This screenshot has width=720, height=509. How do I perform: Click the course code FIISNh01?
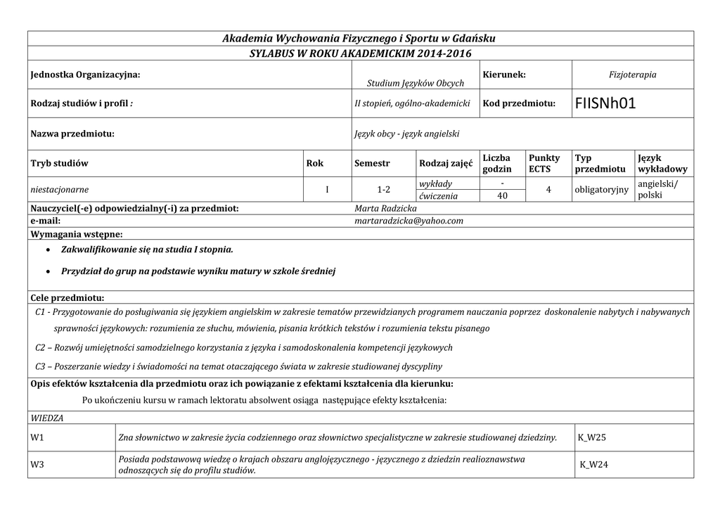pos(605,103)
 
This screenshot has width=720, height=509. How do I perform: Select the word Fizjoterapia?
pos(632,75)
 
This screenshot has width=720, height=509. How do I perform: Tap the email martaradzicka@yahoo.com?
pos(409,221)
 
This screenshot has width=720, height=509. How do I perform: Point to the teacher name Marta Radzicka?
pos(386,209)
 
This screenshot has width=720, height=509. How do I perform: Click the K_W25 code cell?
pos(592,437)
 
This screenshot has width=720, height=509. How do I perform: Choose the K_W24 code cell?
pos(594,464)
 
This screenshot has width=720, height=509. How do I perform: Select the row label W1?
pos(37,437)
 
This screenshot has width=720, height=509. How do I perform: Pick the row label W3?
pos(37,464)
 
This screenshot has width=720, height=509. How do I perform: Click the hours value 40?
pos(502,196)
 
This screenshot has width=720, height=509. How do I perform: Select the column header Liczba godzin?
pos(497,163)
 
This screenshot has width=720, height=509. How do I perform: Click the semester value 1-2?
pos(384,190)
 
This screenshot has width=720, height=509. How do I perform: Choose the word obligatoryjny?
pos(601,190)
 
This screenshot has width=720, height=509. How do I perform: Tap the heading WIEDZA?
pos(47,418)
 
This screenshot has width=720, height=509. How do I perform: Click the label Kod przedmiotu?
pos(519,103)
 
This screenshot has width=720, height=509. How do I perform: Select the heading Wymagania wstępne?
pos(77,233)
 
